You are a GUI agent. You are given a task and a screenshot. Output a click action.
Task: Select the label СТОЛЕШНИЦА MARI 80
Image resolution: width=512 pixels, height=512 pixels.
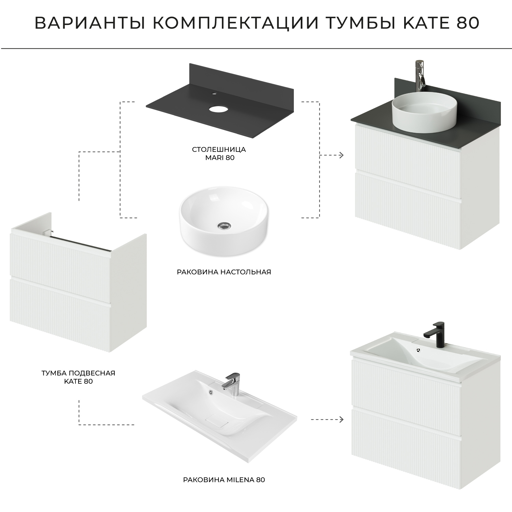pos(219,154)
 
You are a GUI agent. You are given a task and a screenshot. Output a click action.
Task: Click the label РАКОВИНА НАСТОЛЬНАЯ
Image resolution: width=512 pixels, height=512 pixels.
pos(224,272)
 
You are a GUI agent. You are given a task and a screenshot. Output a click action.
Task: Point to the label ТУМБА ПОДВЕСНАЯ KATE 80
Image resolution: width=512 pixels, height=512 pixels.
pos(78,377)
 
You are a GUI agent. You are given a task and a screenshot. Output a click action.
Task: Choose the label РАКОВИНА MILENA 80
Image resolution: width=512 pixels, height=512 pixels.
pos(224,480)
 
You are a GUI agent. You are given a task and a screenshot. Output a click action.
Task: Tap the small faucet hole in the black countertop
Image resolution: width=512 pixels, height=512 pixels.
pos(214,93)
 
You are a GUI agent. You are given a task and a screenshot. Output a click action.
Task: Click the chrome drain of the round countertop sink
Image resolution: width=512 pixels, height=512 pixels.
pos(224,225)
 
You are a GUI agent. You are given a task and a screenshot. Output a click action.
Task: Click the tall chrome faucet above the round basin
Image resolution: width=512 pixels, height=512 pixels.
pos(420,77)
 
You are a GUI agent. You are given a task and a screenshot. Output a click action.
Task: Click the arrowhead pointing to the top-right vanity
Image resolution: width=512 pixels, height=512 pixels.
pos(341,155)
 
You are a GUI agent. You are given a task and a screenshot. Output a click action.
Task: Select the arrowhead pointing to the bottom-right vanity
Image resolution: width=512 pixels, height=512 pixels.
pos(341,419)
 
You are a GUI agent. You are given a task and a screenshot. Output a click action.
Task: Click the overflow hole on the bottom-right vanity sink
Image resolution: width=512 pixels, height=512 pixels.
pos(419,350)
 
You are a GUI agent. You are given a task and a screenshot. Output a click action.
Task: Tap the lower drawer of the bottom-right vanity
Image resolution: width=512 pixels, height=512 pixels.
pos(406,433)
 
